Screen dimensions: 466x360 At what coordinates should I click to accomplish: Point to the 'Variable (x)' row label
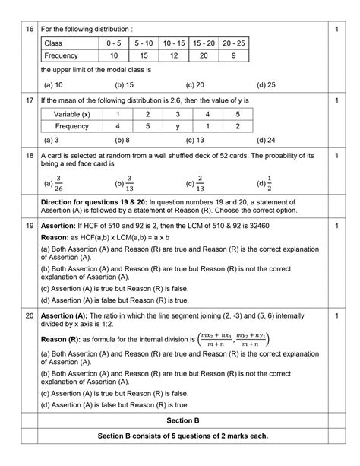[71, 113]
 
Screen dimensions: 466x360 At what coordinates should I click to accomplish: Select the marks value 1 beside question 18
[335, 154]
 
